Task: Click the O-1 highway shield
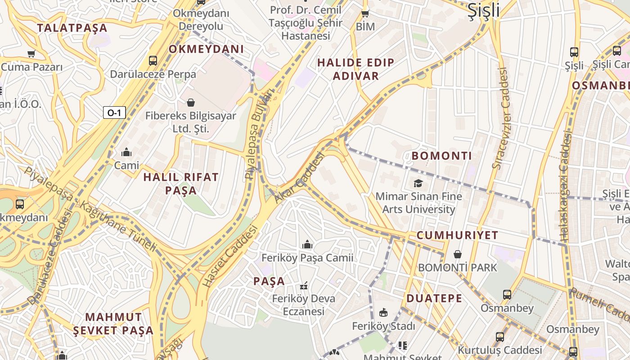114,112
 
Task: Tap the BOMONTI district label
442,156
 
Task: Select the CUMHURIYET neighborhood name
457,235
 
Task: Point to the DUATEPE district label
434,298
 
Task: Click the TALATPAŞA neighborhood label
72,28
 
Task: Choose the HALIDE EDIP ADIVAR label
355,69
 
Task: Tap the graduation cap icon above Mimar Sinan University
418,183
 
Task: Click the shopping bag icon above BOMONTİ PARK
457,254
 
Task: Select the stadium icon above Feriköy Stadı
383,312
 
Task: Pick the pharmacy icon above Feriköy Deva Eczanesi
304,286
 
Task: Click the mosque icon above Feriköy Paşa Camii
307,244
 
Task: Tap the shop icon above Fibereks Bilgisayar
191,103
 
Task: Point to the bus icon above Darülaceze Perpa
153,60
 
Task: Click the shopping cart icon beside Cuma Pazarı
31,54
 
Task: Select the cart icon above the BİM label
365,13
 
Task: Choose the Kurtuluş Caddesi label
500,350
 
